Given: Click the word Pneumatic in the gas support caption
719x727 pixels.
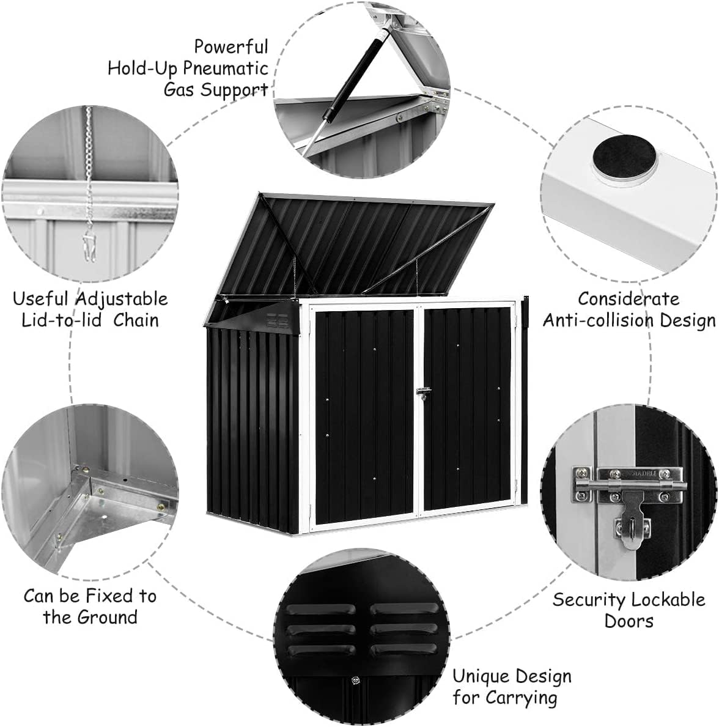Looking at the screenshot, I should tap(226, 68).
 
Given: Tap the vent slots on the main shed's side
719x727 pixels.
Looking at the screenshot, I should tap(279, 319).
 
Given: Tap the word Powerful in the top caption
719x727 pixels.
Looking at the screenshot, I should tap(231, 46).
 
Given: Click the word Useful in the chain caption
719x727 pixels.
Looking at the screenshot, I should tap(40, 299).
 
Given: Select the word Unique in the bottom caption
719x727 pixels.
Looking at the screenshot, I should tap(479, 676).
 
